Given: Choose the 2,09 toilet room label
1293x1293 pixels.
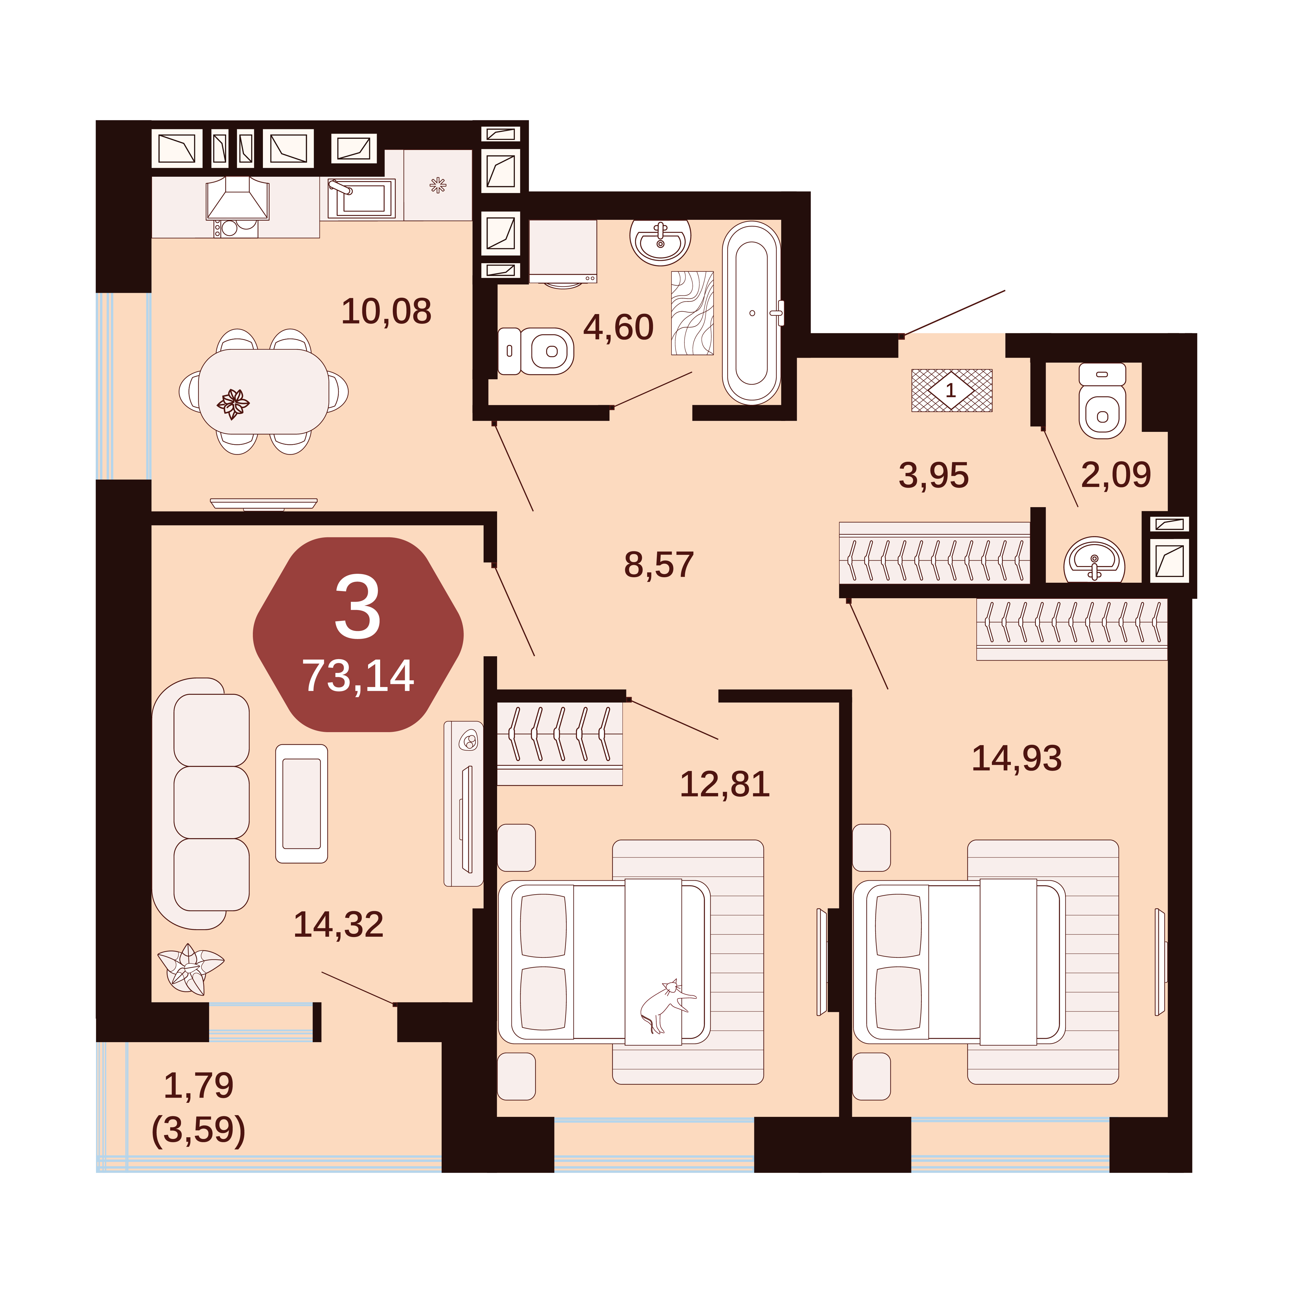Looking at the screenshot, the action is coord(1116,474).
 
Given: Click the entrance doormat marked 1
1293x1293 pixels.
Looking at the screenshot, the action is coord(951,390).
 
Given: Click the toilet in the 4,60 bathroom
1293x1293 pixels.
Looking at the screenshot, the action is coord(535,351).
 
